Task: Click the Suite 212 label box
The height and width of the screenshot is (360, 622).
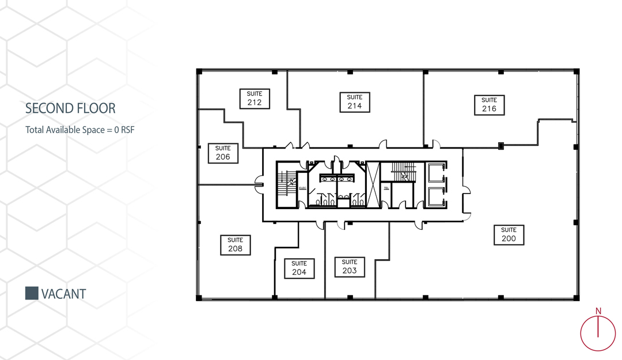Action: click(255, 99)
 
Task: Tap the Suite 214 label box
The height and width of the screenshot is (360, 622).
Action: click(355, 102)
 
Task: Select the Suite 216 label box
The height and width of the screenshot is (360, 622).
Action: click(490, 105)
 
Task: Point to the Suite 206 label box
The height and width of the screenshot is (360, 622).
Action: click(223, 153)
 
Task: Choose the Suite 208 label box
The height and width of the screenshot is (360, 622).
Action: click(235, 245)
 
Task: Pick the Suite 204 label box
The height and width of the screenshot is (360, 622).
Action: click(299, 268)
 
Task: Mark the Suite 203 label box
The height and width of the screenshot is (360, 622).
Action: click(350, 267)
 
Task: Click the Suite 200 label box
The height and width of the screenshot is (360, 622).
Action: click(509, 234)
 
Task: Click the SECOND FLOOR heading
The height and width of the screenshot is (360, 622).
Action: click(70, 108)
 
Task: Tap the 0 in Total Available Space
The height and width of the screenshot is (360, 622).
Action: click(116, 130)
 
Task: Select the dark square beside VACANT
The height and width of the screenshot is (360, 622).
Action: click(32, 293)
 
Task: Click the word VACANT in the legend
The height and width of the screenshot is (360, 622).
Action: click(63, 294)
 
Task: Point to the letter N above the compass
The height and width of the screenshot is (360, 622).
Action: click(598, 311)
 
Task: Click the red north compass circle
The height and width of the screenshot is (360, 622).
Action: click(581, 334)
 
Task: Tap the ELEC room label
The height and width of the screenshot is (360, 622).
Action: click(303, 188)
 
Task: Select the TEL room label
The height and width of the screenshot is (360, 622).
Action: click(386, 188)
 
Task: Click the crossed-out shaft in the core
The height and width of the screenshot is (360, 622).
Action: click(373, 184)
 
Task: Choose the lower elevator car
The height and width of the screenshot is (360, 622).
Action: click(436, 196)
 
